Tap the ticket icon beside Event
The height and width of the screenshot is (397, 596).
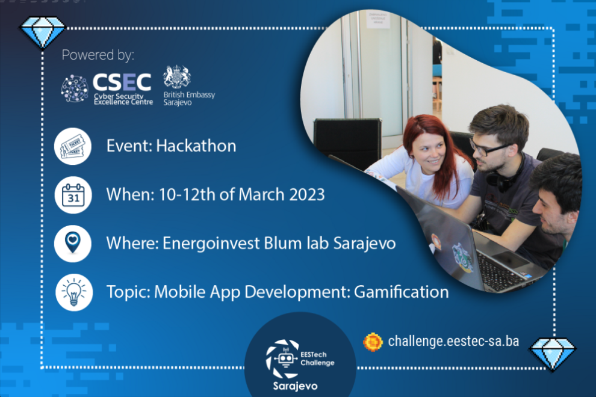click(x=73, y=147)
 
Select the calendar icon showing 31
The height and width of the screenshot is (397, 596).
click(x=73, y=195)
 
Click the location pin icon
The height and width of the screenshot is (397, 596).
click(x=73, y=243)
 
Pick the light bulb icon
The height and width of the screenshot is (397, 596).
click(x=73, y=292)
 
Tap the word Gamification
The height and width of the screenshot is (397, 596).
click(x=401, y=292)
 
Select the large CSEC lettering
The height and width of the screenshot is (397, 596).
click(x=122, y=84)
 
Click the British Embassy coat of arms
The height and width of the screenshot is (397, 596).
click(x=177, y=77)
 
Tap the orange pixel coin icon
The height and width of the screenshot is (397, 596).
click(x=373, y=342)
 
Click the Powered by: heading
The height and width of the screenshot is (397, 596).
click(x=98, y=55)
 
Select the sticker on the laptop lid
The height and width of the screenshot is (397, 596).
click(x=464, y=255)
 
